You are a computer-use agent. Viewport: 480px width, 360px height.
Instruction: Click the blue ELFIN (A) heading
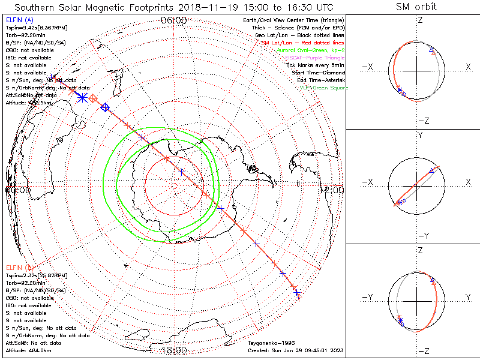pos(19,20)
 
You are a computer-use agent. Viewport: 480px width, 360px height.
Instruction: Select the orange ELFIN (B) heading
pos(19,267)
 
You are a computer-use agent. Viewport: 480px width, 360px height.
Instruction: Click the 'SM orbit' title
pos(416,7)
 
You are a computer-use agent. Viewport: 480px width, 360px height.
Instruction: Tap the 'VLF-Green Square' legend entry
pos(325,88)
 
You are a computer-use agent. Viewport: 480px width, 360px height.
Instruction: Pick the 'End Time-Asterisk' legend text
pos(321,80)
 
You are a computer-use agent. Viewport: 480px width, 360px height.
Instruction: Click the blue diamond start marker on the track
pos(106,107)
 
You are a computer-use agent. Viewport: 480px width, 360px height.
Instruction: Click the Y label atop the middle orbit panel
pos(419,136)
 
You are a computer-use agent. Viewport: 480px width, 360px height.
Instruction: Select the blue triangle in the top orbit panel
pos(433,52)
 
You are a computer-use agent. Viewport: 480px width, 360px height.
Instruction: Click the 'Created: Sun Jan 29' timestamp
pos(296,350)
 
